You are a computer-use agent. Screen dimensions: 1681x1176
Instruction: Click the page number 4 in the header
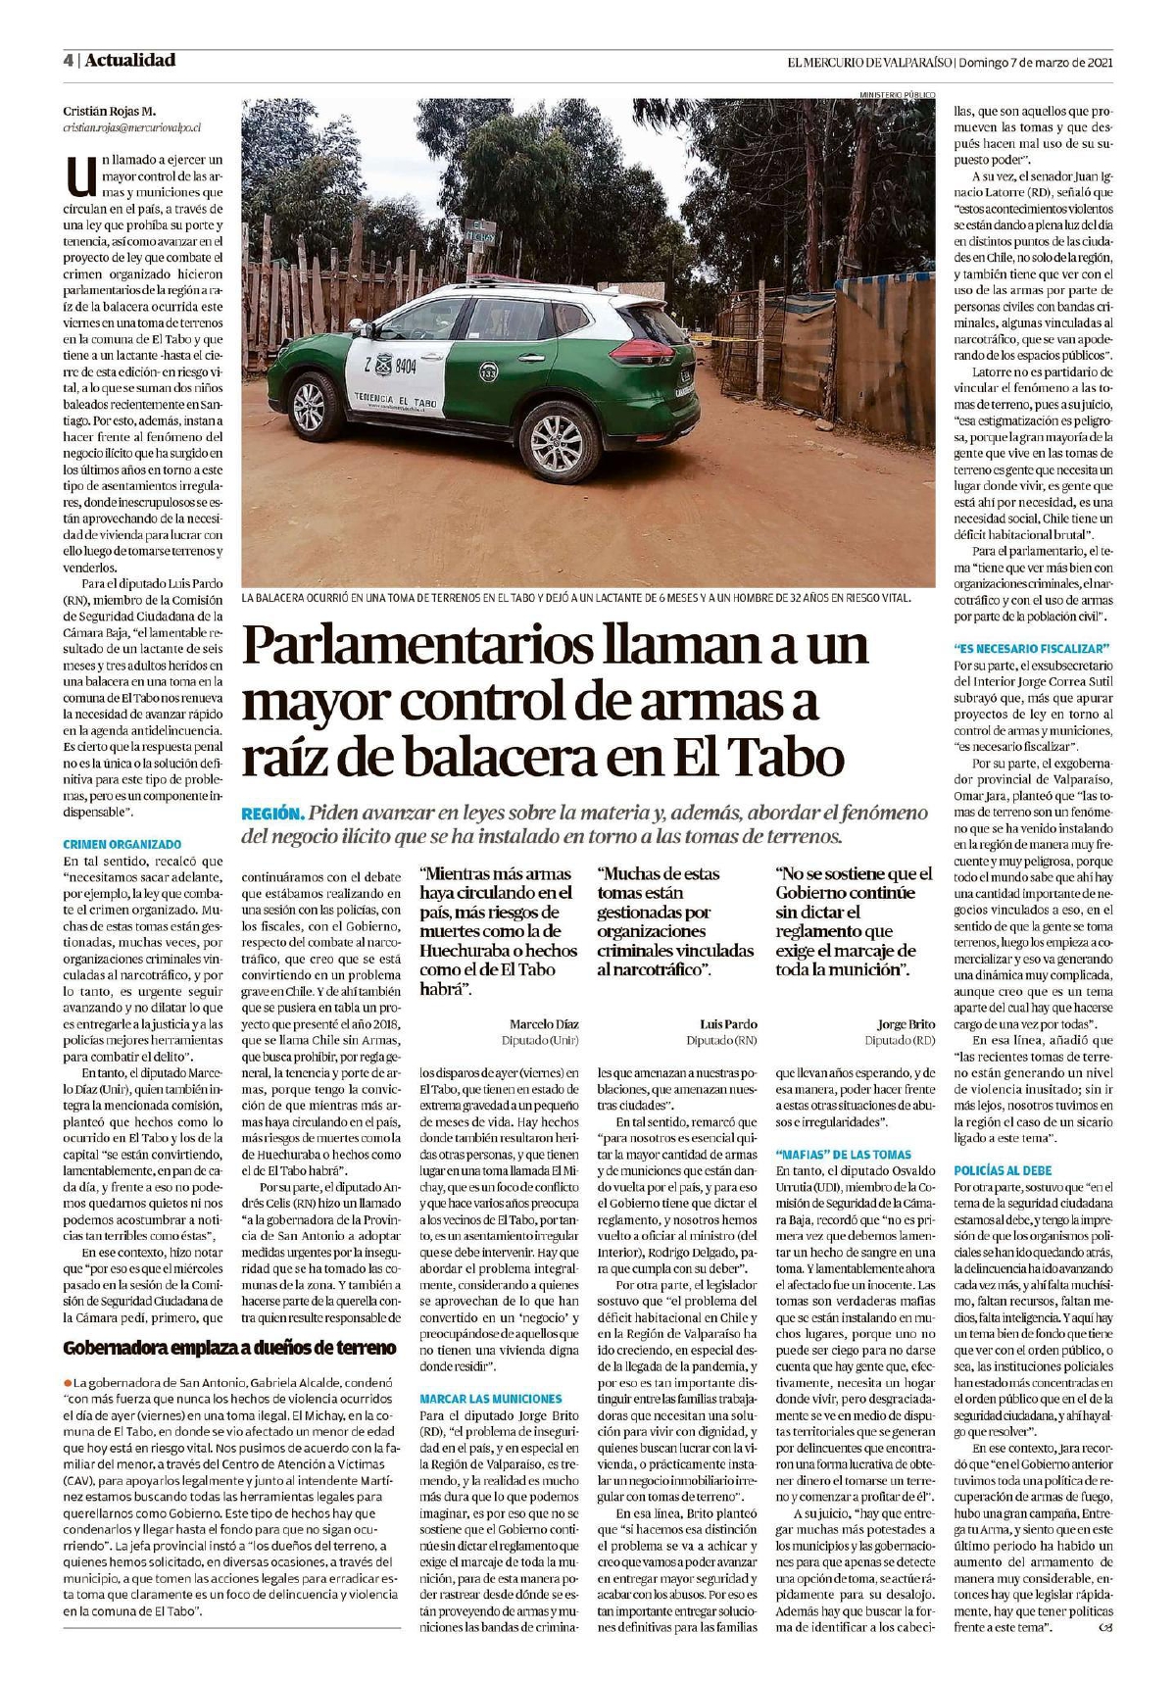(x=68, y=61)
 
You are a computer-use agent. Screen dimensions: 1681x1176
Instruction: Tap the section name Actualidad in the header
(x=130, y=61)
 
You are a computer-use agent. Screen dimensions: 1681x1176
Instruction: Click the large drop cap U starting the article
(x=78, y=177)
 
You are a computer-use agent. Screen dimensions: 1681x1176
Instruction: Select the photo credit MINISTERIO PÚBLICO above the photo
(x=897, y=94)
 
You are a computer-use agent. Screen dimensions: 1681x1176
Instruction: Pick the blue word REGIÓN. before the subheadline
(x=271, y=814)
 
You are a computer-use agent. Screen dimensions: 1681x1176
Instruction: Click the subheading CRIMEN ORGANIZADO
(x=122, y=844)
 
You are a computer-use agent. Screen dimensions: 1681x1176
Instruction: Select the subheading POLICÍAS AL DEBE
(x=1003, y=1170)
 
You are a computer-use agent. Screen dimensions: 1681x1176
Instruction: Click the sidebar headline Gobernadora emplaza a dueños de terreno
(x=230, y=1347)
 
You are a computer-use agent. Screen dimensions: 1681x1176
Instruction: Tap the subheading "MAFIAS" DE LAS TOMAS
(x=843, y=1154)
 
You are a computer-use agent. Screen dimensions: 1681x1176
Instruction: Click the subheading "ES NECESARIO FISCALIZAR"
(x=1031, y=648)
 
